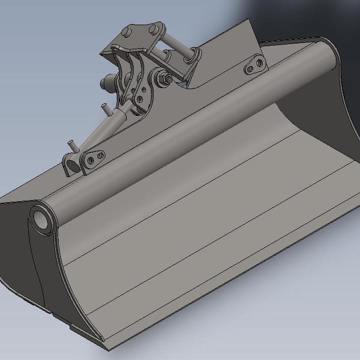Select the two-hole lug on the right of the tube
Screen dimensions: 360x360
[x=255, y=65]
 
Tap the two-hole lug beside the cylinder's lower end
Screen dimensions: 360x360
[x=93, y=159]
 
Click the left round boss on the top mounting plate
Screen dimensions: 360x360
[x=127, y=31]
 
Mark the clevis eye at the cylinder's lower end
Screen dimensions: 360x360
[x=72, y=163]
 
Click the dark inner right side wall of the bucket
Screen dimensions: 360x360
[x=318, y=120]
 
